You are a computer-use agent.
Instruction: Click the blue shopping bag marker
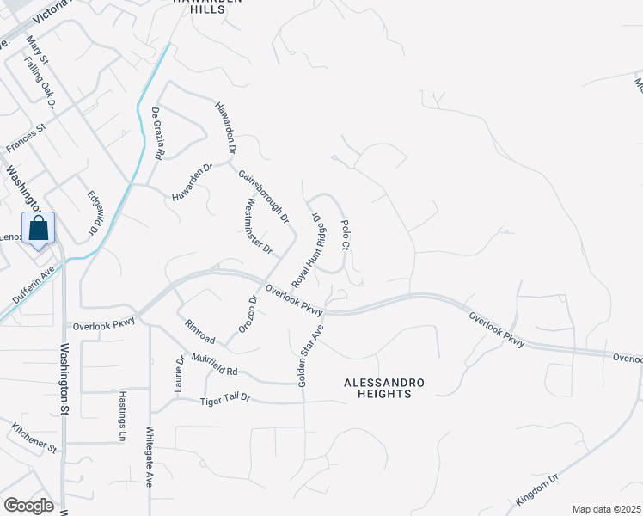[x=39, y=230]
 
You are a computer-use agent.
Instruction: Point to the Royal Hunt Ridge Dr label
[x=310, y=250]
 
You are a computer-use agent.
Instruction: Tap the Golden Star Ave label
[x=310, y=354]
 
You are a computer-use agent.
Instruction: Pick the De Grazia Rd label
[x=157, y=135]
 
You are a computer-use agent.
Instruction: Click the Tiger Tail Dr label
[x=224, y=400]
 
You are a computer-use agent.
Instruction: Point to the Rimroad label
[x=199, y=334]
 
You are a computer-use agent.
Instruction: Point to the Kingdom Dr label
[x=537, y=488]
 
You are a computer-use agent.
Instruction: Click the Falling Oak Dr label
[x=40, y=83]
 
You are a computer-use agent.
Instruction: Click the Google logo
[x=28, y=506]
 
